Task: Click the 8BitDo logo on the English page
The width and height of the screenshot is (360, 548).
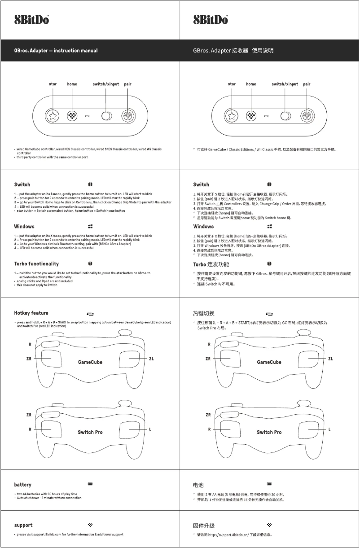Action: point(31,20)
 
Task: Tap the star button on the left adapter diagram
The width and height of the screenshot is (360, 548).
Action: point(53,116)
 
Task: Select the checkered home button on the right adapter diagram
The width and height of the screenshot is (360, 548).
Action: point(251,116)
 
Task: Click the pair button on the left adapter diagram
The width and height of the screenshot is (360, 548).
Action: point(128,116)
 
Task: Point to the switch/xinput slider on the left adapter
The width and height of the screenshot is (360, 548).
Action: point(106,116)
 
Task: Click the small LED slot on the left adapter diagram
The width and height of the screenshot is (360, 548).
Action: point(88,116)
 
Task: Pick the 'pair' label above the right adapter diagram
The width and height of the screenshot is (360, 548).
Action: point(307,84)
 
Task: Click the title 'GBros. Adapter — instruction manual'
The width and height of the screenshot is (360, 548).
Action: point(56,51)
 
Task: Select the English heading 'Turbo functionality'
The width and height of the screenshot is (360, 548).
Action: point(36,263)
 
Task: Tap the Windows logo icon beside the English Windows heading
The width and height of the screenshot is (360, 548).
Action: point(90,227)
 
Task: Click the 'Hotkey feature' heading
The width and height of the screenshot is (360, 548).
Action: point(31,313)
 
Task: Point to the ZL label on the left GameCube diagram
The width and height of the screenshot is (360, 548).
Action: point(151,359)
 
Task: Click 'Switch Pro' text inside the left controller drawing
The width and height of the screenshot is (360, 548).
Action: point(90,432)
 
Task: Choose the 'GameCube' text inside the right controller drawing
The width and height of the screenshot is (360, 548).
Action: point(269,362)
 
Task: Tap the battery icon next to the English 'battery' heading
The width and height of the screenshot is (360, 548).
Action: point(90,484)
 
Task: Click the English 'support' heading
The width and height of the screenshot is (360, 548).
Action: point(23,525)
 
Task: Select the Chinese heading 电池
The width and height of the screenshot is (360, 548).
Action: point(198,485)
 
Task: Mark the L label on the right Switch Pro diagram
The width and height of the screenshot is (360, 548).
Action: point(329,429)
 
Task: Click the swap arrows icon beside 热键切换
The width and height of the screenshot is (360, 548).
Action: point(269,313)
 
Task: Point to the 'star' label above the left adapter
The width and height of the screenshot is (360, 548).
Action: point(53,84)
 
